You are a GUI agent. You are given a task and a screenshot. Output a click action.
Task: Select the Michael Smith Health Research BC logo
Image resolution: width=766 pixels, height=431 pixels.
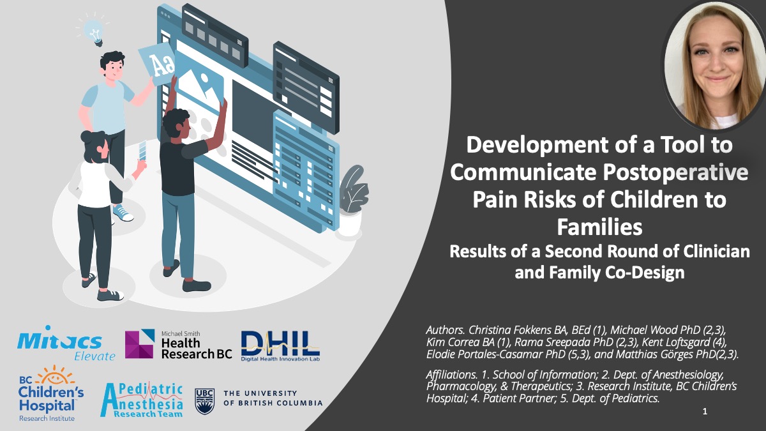pos(178,344)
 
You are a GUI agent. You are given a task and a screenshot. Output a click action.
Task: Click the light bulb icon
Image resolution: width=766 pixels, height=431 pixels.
pos(94,31)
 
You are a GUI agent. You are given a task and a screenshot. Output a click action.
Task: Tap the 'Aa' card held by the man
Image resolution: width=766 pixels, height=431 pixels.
pos(158,64)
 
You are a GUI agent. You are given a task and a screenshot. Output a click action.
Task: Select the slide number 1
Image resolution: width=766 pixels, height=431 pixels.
pos(705,412)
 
